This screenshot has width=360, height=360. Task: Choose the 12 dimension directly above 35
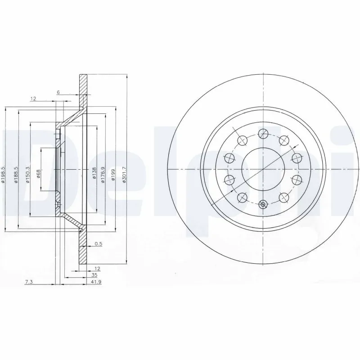click(97, 268)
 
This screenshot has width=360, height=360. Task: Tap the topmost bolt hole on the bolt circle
click(263, 132)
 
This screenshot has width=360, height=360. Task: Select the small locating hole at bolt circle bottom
click(263, 205)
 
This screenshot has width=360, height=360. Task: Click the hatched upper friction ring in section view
click(83, 90)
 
